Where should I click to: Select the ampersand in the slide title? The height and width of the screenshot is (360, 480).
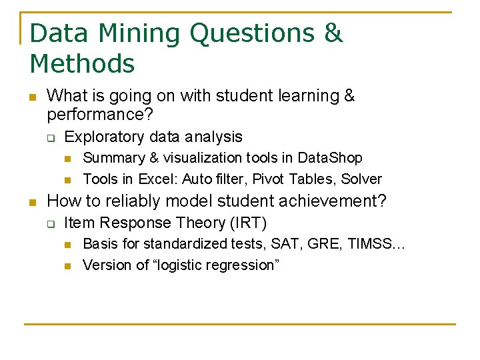tap(332, 33)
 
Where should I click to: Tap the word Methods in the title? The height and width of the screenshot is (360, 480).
tap(82, 64)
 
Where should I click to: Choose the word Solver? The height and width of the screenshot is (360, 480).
tap(362, 179)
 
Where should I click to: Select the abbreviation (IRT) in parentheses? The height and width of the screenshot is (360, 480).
tap(247, 223)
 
